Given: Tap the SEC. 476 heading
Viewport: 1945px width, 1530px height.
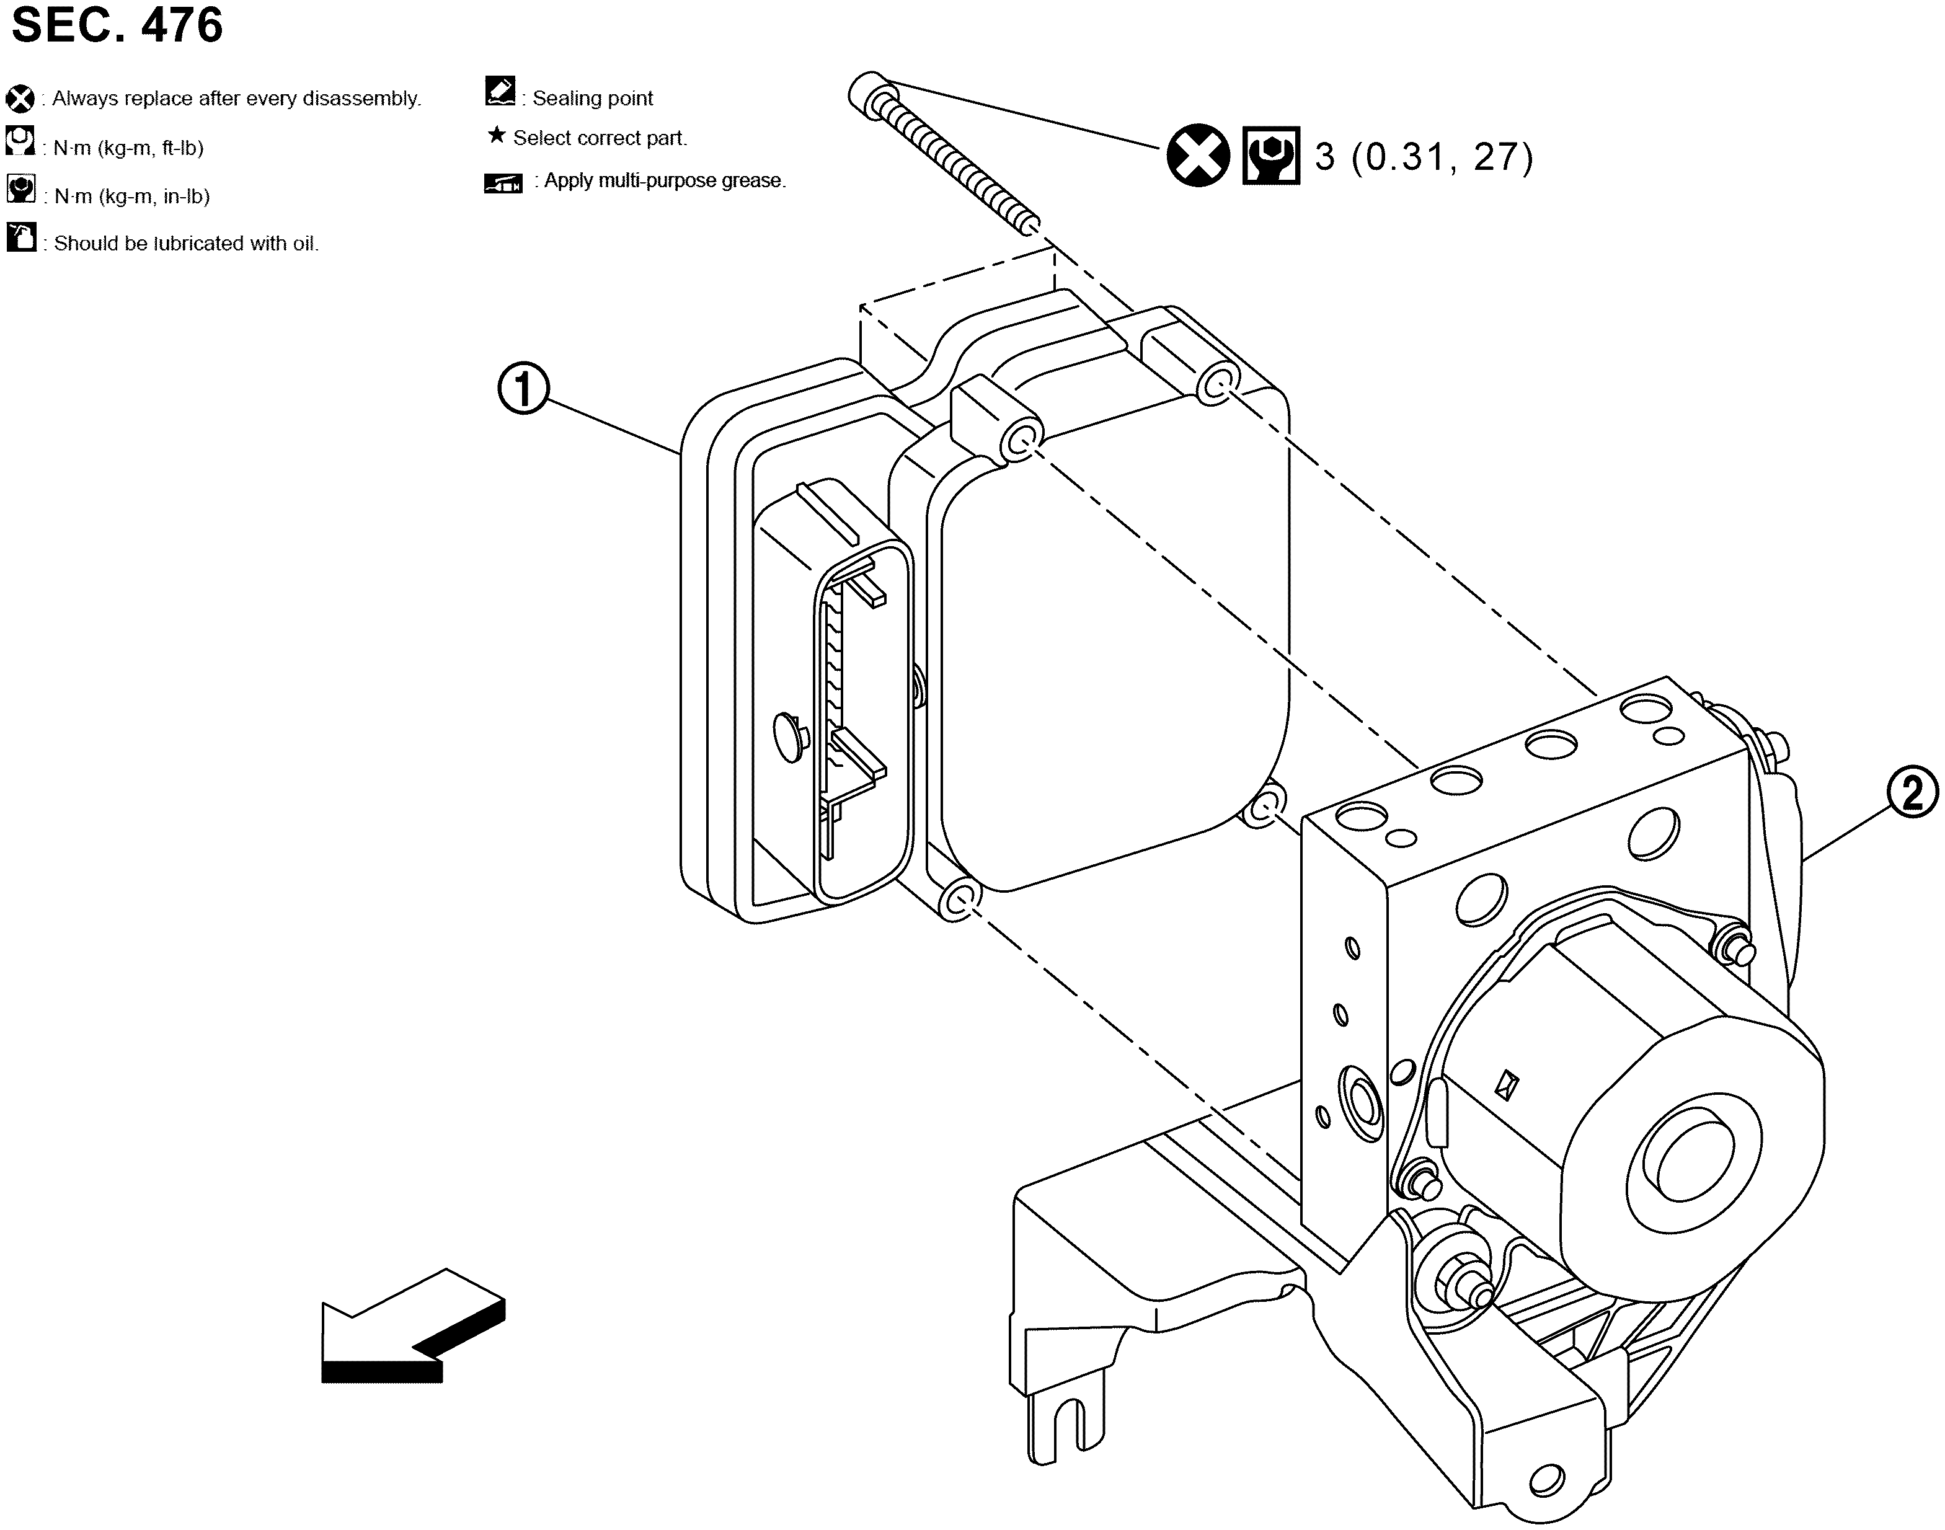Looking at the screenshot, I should pyautogui.click(x=117, y=25).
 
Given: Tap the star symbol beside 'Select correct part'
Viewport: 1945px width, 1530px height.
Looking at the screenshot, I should pyautogui.click(x=495, y=136).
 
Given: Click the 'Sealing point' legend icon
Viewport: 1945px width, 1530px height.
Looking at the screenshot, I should pyautogui.click(x=499, y=91).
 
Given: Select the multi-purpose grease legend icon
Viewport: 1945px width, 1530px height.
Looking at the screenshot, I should pyautogui.click(x=503, y=184).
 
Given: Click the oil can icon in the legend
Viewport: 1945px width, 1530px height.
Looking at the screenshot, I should pyautogui.click(x=20, y=237).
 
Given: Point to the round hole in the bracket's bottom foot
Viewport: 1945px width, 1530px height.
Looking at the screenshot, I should pyautogui.click(x=1546, y=1481).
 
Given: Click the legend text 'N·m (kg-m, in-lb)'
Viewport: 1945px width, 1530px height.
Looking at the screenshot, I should pyautogui.click(x=131, y=196).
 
